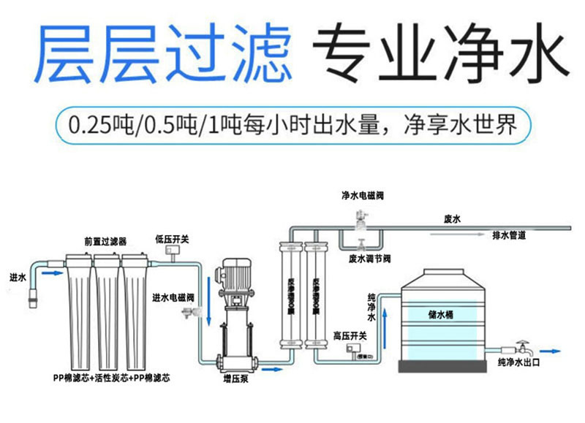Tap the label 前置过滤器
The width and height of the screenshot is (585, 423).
[105, 240]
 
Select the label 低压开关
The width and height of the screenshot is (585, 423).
[172, 239]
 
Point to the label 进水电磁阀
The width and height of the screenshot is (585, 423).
[173, 297]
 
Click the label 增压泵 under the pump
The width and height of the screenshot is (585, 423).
[235, 378]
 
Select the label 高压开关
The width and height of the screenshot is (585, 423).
[350, 335]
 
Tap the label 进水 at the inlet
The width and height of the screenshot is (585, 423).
[18, 278]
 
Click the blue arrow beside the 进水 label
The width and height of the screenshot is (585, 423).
[51, 273]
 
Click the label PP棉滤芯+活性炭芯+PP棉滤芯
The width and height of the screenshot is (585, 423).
[111, 378]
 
